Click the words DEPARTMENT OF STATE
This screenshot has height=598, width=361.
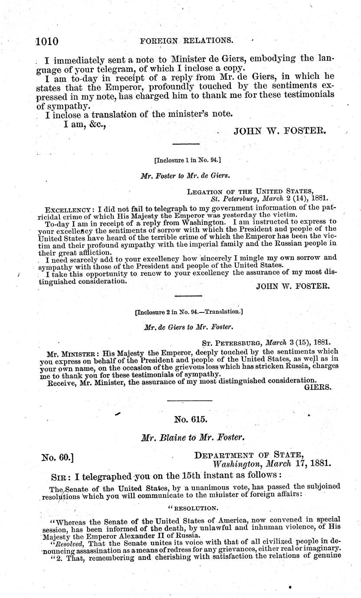tap(248, 455)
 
